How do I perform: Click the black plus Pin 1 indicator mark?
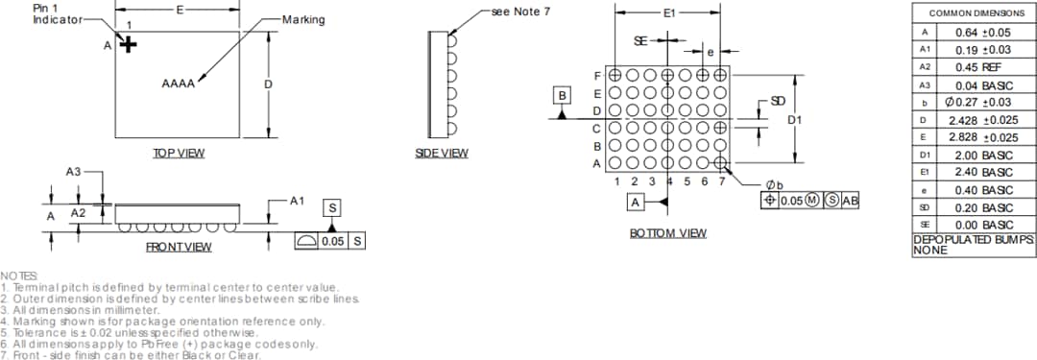coord(127,44)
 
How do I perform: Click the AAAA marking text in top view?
coord(179,84)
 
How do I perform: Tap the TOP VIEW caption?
coord(179,153)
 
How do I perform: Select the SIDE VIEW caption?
coord(442,153)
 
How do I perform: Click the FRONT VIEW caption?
coord(179,247)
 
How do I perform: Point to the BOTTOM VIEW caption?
coord(668,232)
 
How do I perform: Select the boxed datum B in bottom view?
coord(563,94)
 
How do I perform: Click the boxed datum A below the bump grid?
coord(635,202)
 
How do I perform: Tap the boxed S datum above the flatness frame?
coord(332,208)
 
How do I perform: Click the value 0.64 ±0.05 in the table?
coord(984,32)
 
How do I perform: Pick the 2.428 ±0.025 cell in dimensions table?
coord(984,120)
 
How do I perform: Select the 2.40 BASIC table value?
coord(984,173)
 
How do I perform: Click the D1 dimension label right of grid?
coord(794,120)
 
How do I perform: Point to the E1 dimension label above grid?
coord(669,13)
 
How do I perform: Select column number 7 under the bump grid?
coord(720,181)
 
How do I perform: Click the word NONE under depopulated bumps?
coord(930,250)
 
